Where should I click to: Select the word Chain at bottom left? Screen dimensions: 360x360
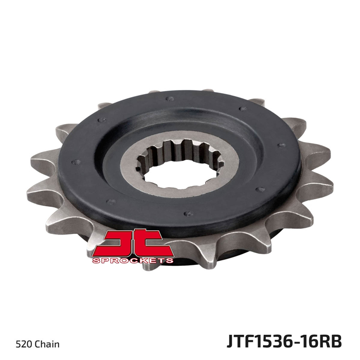tap(47, 344)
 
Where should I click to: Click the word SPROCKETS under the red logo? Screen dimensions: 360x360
tap(133, 260)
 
